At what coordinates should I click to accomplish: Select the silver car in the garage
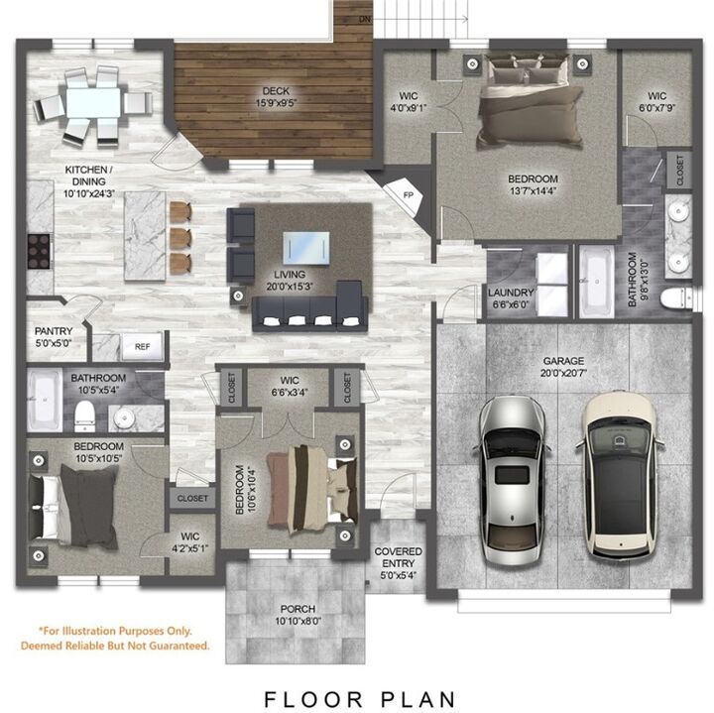511,477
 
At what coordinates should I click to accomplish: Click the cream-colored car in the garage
618,473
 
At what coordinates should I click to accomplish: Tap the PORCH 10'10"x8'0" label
297,615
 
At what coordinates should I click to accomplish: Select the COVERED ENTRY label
398,557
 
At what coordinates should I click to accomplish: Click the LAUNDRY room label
511,298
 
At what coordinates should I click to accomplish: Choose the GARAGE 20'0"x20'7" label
563,367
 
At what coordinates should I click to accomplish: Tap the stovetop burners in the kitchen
38,250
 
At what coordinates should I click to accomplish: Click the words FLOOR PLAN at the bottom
359,699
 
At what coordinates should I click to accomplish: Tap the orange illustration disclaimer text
116,638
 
